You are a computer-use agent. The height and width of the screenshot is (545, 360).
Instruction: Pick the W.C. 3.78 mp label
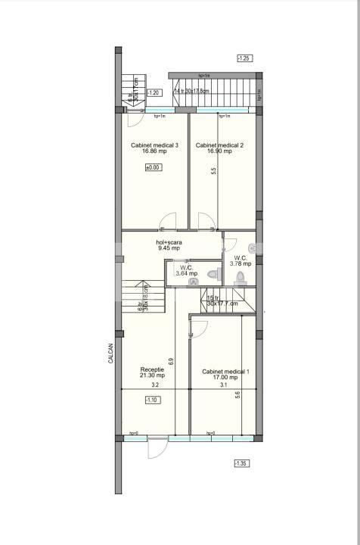pyautogui.click(x=242, y=260)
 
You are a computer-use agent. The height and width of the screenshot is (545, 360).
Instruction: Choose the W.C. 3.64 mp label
pyautogui.click(x=186, y=270)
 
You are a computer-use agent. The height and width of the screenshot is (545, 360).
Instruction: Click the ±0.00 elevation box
pyautogui.click(x=153, y=167)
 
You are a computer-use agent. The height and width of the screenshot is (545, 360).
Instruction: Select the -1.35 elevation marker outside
pyautogui.click(x=241, y=463)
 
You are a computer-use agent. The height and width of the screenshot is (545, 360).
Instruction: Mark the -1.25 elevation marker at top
pyautogui.click(x=244, y=58)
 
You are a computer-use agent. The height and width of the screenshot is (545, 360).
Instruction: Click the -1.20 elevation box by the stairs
pyautogui.click(x=153, y=92)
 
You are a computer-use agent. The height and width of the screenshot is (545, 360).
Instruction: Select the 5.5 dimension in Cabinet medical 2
pyautogui.click(x=214, y=171)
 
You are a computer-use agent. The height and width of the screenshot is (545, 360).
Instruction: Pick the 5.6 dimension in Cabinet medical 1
pyautogui.click(x=237, y=394)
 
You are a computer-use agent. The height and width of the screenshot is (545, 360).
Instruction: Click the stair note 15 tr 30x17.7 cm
pyautogui.click(x=222, y=301)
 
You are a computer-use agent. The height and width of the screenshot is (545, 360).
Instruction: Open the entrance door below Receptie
pyautogui.click(x=157, y=447)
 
